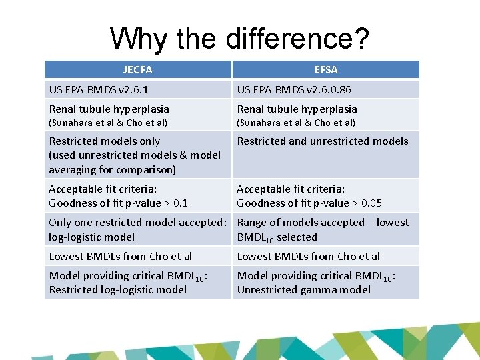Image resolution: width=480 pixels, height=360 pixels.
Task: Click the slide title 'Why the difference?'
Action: pos(239,39)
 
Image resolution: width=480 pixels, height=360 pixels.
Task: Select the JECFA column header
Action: pos(137,69)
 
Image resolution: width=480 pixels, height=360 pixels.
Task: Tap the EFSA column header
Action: pos(325,69)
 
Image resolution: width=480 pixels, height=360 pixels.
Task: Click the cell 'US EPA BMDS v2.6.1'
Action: pos(99,89)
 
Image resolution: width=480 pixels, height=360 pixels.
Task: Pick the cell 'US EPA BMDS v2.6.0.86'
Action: pos(295,89)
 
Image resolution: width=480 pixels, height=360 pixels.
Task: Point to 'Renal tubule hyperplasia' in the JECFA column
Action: pos(109,109)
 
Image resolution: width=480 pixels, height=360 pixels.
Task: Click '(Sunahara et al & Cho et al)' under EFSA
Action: pos(296,123)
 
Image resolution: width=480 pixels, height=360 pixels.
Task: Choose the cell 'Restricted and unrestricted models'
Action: pos(323,141)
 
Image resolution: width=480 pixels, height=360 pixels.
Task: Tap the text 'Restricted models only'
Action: pos(105,141)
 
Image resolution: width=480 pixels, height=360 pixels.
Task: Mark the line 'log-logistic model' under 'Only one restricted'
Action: pos(92,237)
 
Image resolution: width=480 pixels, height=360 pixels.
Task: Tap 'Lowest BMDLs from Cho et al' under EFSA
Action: pos(309,256)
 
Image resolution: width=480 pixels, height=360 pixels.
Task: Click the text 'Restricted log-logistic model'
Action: pos(118,289)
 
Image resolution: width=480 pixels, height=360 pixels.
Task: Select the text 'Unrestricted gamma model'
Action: pos(304,289)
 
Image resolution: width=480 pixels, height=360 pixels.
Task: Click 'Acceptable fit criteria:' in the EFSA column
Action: pos(291,189)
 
